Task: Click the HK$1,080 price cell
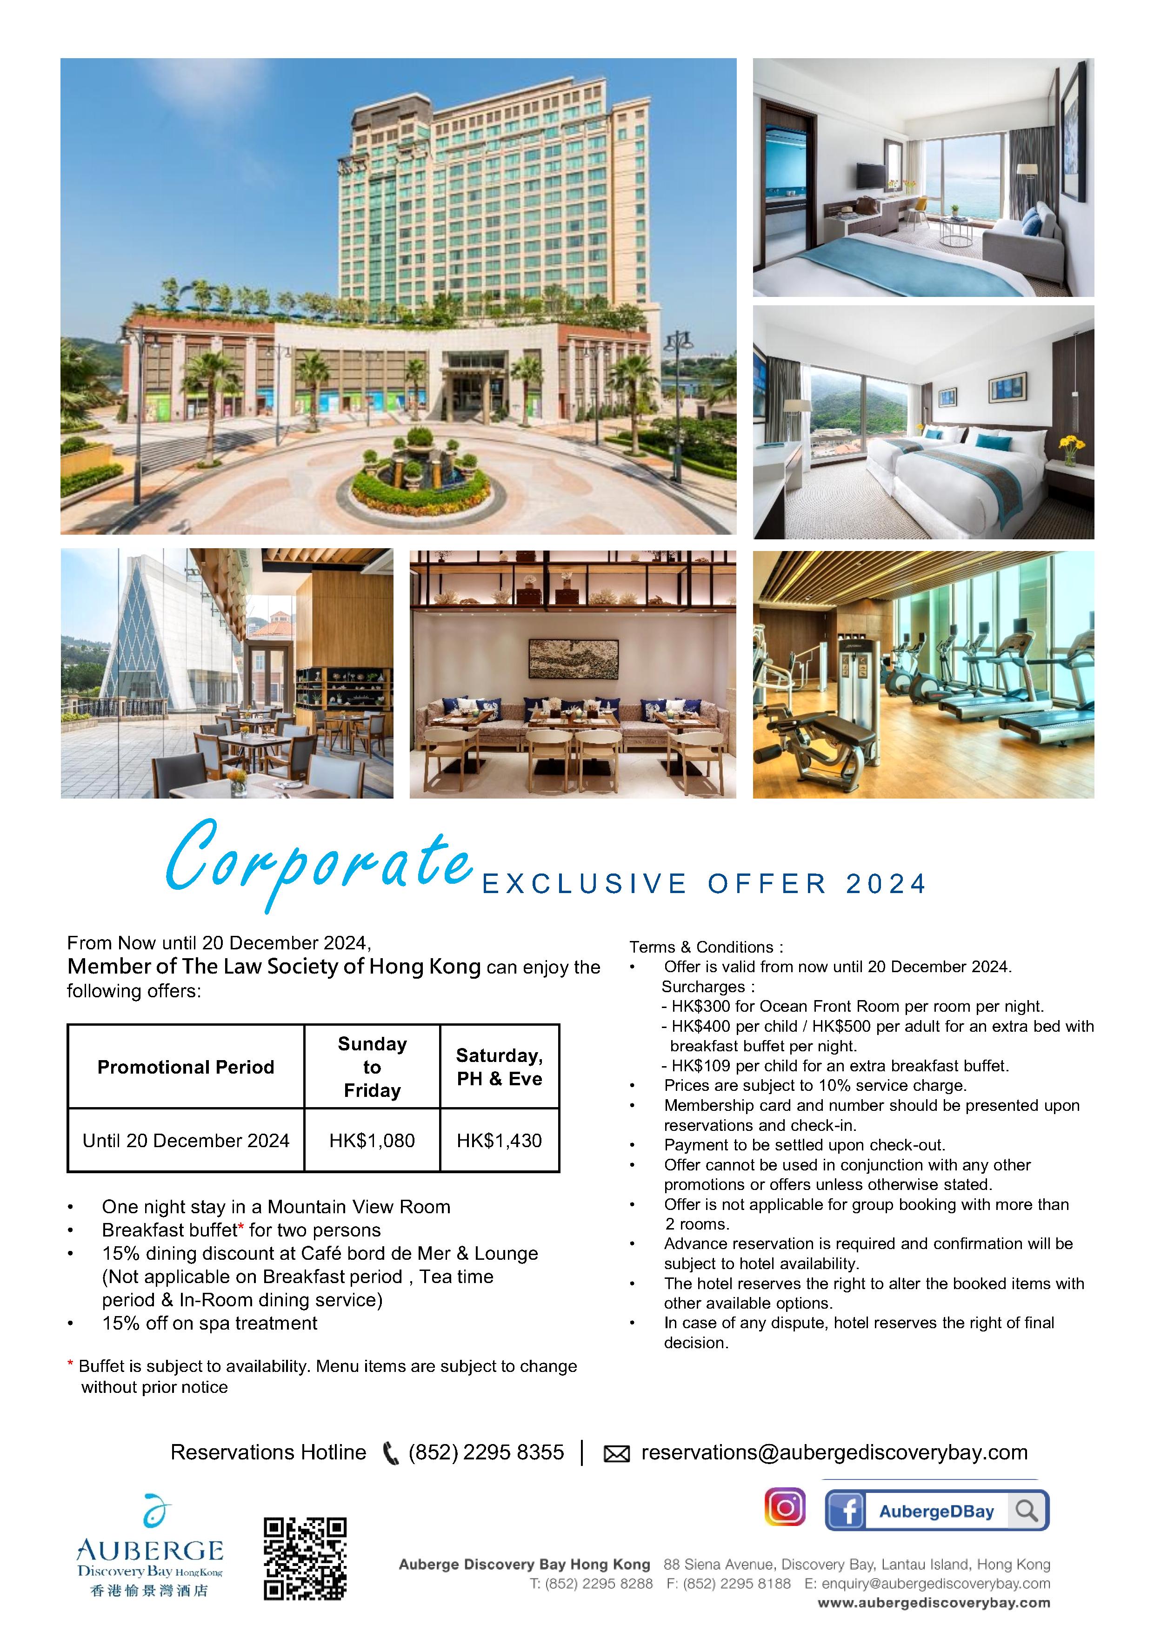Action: (x=372, y=1141)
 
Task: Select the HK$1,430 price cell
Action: (x=499, y=1141)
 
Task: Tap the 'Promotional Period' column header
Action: (x=186, y=1067)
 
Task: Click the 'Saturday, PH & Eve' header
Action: (x=499, y=1067)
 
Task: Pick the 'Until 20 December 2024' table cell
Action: (x=186, y=1141)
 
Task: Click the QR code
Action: (x=305, y=1559)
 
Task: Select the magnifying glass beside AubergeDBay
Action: (x=1027, y=1511)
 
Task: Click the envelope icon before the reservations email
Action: (x=616, y=1454)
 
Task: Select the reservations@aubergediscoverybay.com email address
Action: (x=834, y=1452)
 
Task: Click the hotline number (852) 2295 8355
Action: (x=487, y=1452)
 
